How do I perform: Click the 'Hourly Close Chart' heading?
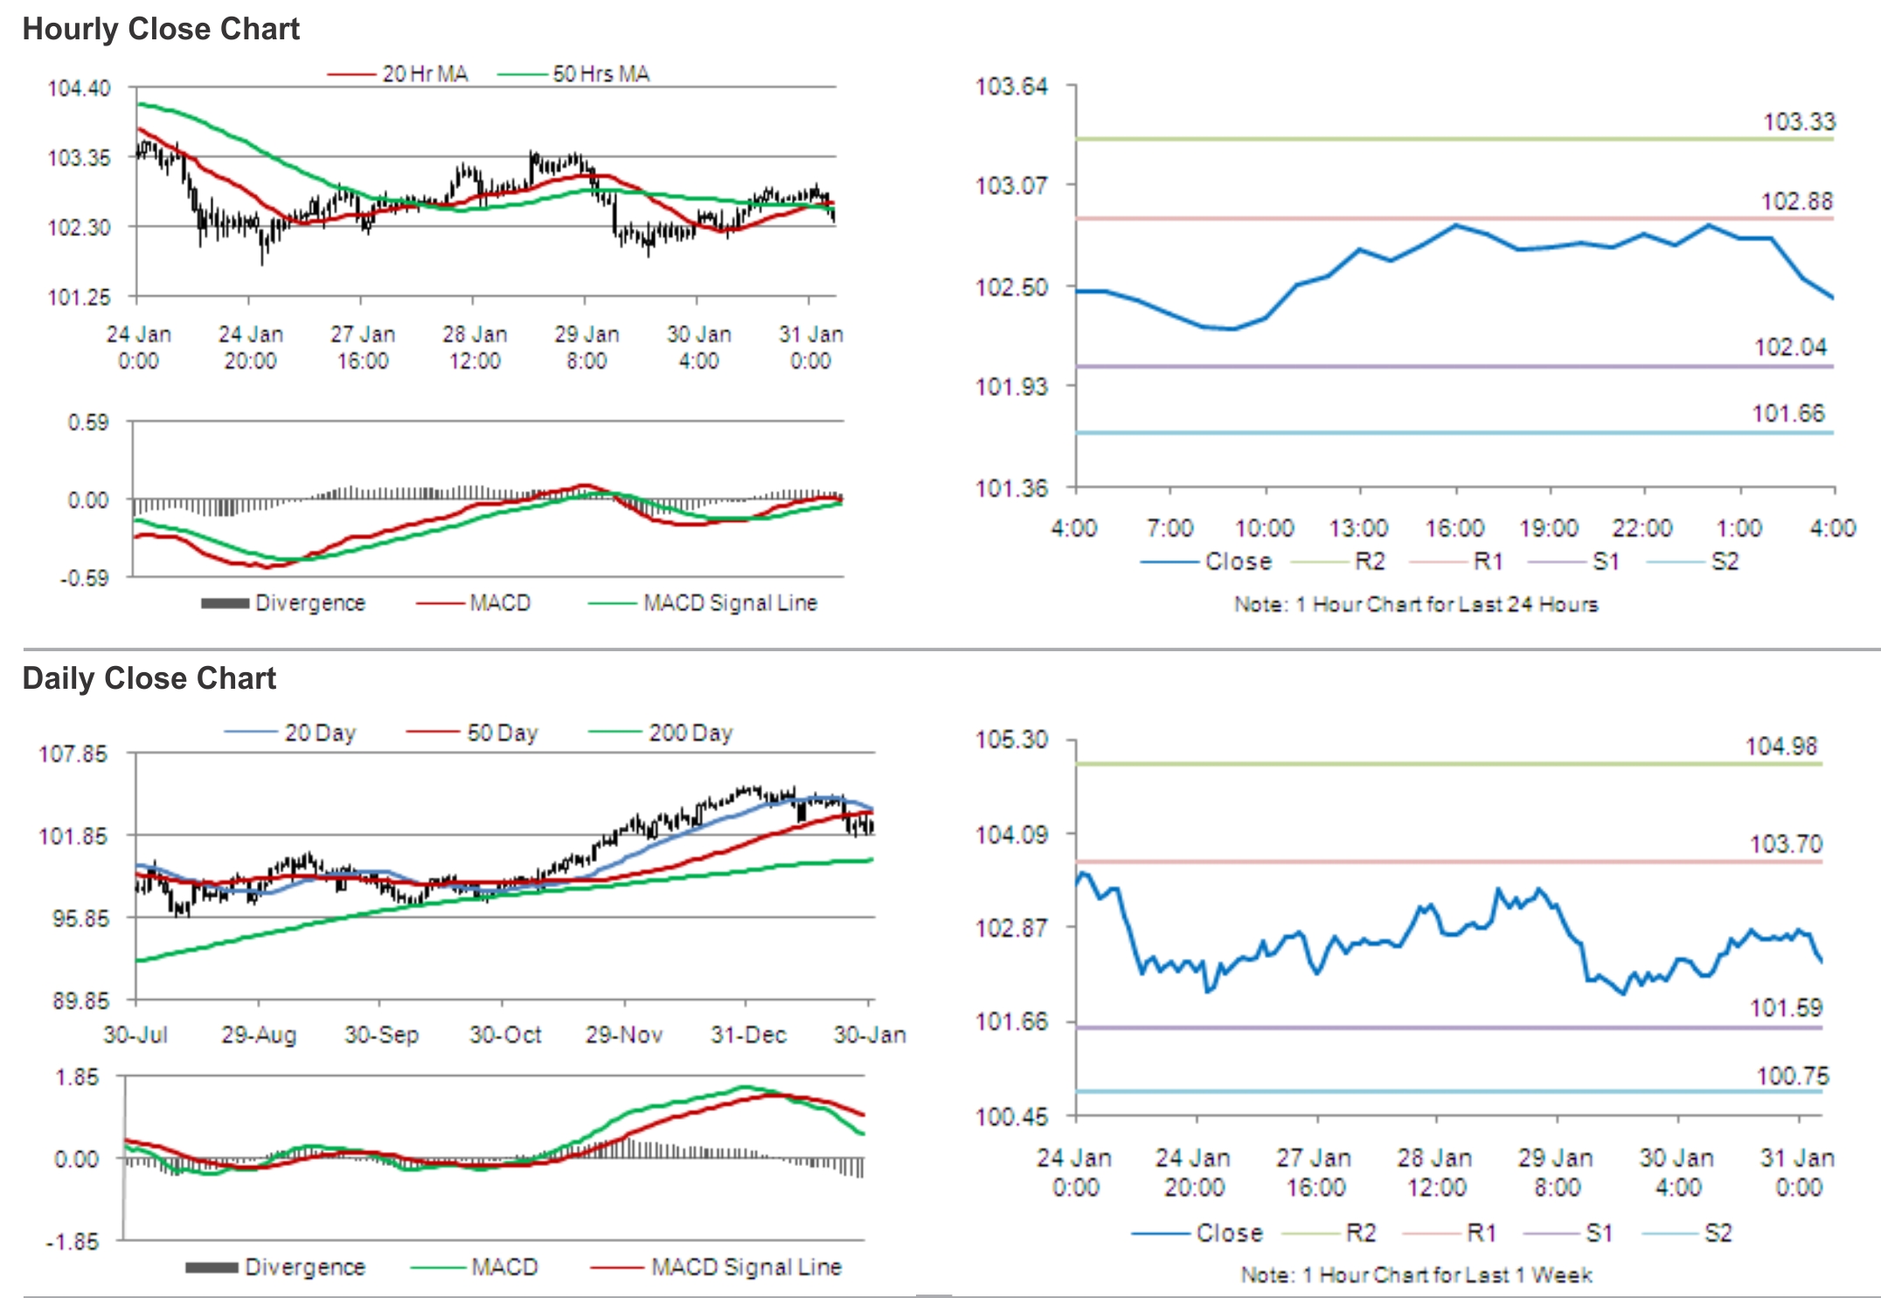click(161, 29)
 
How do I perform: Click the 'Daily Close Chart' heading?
click(149, 678)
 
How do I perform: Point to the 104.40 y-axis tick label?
click(79, 88)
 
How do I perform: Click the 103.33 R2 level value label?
click(1799, 121)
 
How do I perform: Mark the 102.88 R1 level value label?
click(1796, 201)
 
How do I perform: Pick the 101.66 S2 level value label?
click(1788, 413)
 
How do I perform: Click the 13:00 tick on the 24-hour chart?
click(1358, 528)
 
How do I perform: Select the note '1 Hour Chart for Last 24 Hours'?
click(1416, 604)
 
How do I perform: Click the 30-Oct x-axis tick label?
click(505, 1035)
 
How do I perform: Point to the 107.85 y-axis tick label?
click(73, 754)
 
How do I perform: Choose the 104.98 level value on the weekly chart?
click(1781, 746)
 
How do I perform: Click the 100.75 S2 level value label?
click(1792, 1076)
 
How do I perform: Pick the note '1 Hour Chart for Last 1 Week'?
click(1416, 1275)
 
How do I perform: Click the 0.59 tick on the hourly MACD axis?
click(88, 423)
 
